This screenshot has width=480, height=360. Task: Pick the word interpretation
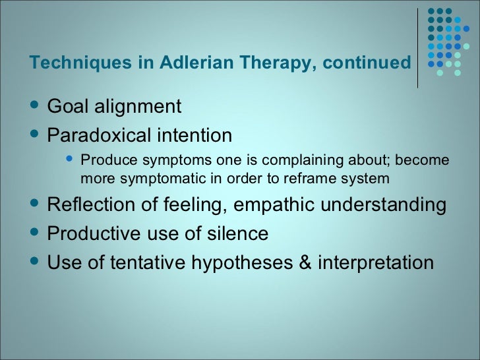[x=376, y=263]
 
